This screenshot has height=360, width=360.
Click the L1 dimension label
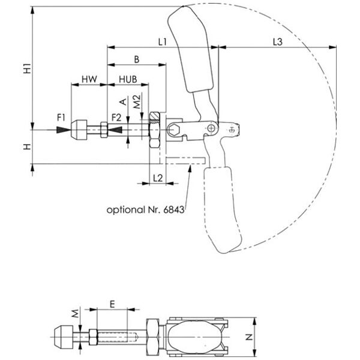(x=163, y=42)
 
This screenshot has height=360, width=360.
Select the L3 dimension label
(x=278, y=42)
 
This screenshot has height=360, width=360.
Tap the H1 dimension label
(x=28, y=68)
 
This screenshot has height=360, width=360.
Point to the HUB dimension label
(x=128, y=79)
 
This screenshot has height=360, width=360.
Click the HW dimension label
(x=89, y=79)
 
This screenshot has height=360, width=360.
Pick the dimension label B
(x=137, y=59)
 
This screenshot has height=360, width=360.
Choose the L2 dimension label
(x=158, y=178)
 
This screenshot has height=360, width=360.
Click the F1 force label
(x=61, y=118)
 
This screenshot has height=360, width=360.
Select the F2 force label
(x=116, y=118)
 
